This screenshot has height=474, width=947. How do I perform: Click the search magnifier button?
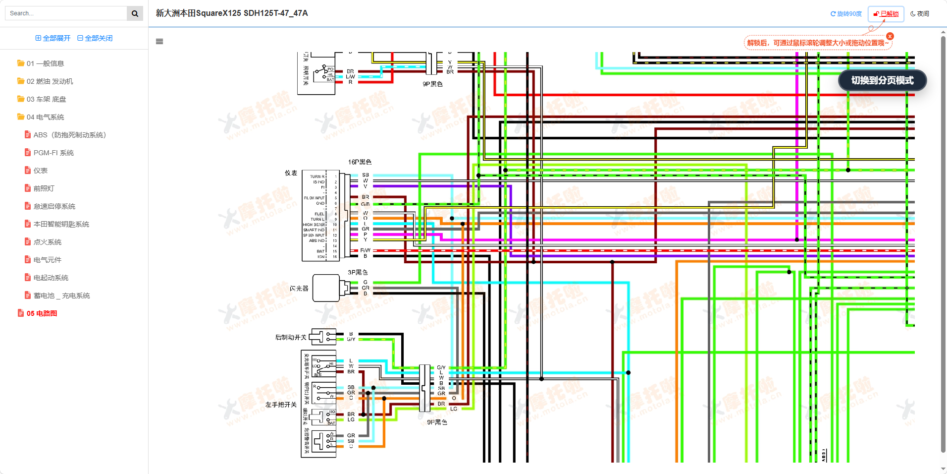[x=135, y=13]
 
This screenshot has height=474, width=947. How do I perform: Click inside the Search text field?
[x=66, y=13]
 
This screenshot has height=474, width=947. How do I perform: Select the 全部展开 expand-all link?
[x=53, y=38]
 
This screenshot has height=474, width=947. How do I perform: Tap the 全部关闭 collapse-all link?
[x=95, y=38]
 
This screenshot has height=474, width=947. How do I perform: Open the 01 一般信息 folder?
[x=45, y=63]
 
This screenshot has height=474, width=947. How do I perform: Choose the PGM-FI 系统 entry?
[x=53, y=153]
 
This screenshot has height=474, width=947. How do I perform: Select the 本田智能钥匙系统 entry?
[x=61, y=224]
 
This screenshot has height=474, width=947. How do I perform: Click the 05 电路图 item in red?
[x=42, y=313]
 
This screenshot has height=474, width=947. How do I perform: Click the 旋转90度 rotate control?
[x=846, y=14]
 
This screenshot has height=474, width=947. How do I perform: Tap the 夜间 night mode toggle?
[x=920, y=14]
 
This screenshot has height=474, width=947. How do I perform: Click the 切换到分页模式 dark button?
[x=882, y=80]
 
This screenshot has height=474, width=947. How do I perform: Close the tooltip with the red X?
[x=890, y=36]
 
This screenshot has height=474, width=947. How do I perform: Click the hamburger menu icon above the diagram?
[x=159, y=42]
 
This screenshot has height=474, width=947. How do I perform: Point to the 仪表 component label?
[x=291, y=173]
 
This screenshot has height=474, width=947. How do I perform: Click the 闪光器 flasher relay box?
[x=326, y=288]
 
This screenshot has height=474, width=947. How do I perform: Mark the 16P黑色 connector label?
[x=360, y=162]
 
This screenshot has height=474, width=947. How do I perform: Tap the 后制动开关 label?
[x=291, y=338]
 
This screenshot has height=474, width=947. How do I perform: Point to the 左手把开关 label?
[x=281, y=405]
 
